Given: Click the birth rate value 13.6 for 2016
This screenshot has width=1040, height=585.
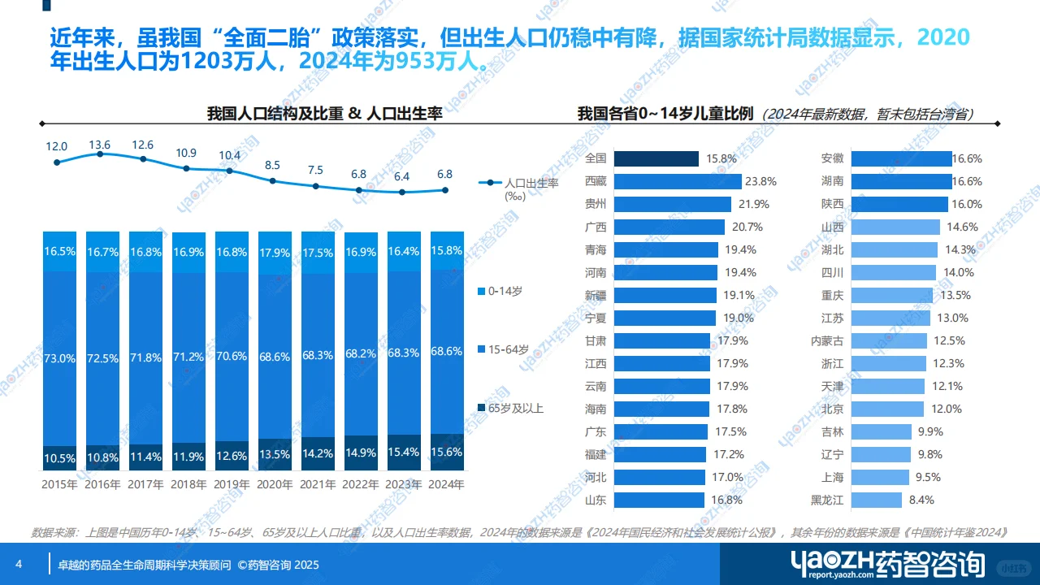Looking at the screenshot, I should click(99, 145).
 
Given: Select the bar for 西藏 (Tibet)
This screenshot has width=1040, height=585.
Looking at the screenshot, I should click(678, 181).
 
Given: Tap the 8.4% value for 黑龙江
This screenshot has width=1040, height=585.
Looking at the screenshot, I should click(921, 500).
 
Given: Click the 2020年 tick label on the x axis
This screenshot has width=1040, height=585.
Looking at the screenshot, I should click(275, 485).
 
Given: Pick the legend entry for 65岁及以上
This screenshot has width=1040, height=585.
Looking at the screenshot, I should click(516, 408).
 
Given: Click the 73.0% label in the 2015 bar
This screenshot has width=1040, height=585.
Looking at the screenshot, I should click(59, 358).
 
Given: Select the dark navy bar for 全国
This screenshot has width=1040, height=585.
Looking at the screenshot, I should click(656, 158).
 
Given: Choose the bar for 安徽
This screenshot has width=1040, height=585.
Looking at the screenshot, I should click(901, 158).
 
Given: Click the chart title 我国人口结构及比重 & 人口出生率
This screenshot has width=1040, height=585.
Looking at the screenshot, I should click(324, 114).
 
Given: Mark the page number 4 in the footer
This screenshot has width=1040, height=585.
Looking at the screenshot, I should click(19, 565).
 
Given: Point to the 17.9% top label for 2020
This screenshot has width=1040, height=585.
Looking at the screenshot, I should click(275, 253).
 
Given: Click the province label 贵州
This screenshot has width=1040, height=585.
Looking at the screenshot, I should click(596, 204).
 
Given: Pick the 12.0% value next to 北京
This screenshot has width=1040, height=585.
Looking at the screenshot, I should click(946, 409).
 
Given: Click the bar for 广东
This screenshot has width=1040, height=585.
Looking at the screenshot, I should click(659, 431).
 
